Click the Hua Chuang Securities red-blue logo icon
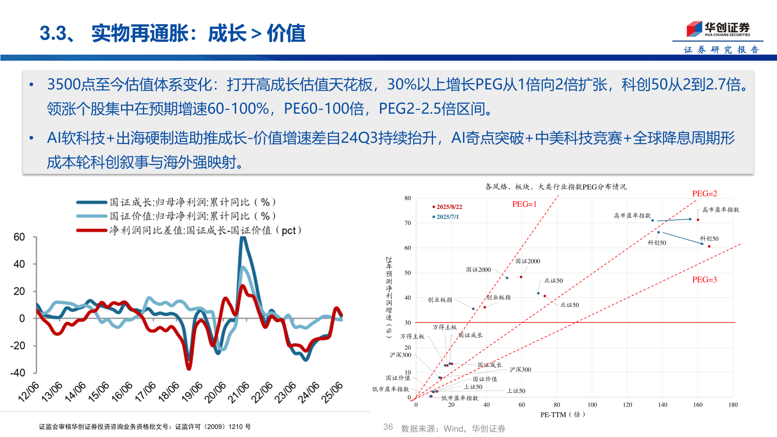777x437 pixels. (694, 29)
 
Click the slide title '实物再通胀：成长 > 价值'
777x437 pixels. (198, 33)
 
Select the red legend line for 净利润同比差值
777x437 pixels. (92, 231)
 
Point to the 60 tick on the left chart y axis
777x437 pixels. (19, 237)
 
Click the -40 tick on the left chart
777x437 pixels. (17, 373)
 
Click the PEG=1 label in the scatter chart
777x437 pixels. (524, 204)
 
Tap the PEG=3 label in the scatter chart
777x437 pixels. (704, 280)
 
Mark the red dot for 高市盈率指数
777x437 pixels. (698, 220)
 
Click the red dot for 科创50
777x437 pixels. (709, 246)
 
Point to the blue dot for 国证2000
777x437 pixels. (507, 278)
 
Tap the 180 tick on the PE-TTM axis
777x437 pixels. (733, 405)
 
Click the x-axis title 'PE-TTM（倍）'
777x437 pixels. (563, 415)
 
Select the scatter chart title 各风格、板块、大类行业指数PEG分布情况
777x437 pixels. (556, 187)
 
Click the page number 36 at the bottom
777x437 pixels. (388, 427)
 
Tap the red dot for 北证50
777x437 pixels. (545, 296)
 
